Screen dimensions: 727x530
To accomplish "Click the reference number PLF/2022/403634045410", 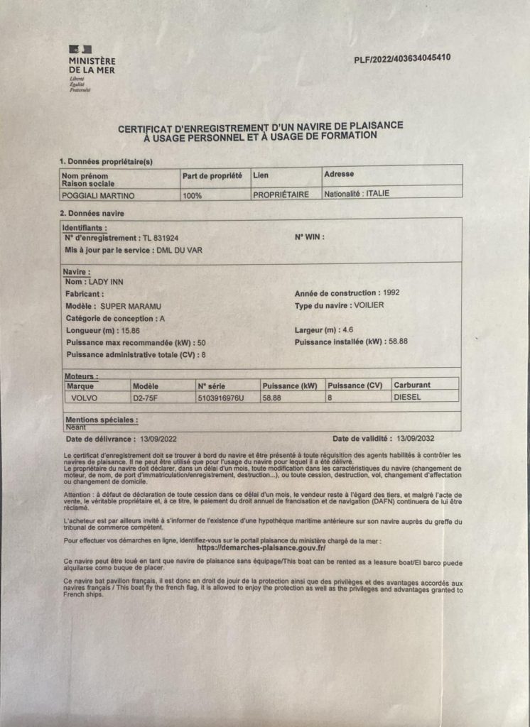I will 402,59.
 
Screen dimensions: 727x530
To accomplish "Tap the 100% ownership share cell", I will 193,195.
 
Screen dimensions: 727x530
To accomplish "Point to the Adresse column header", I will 339,174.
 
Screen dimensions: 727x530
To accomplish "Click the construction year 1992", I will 394,293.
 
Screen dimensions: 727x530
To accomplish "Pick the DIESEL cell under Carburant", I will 408,397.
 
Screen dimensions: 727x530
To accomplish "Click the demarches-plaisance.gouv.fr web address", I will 261,548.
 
